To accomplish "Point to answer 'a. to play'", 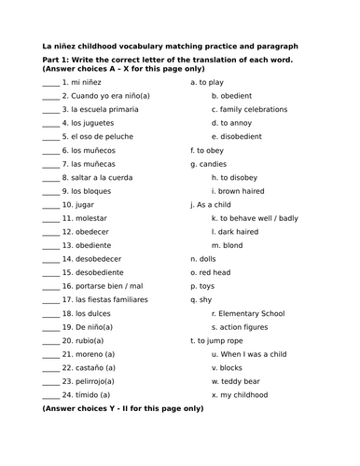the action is click(x=206, y=82).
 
